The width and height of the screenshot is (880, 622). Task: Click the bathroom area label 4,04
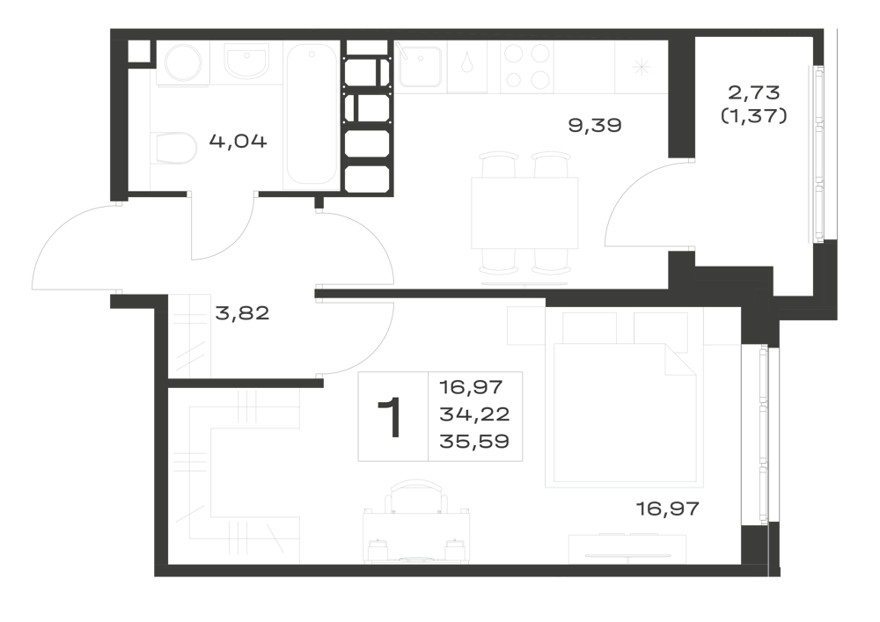pos(238,141)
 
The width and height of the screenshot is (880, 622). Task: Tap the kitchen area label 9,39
pos(595,125)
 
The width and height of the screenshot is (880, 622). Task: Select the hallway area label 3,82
pos(243,313)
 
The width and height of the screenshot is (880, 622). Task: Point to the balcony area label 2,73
pos(754,91)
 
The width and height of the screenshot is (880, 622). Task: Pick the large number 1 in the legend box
pos(389,417)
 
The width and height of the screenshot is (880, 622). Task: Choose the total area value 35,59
pos(474,442)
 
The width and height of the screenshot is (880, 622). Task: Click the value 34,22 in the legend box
pos(474,414)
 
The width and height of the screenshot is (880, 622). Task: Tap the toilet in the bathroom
pos(174,149)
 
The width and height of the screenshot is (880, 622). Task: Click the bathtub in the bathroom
pos(312,114)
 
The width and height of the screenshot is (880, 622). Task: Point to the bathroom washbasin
pos(246,61)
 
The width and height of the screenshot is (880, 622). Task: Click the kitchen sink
pos(420,66)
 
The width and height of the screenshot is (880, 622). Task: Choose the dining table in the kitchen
pos(524,213)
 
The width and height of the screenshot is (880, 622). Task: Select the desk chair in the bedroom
pos(416,496)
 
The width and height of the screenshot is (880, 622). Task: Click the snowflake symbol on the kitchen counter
pos(642,68)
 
